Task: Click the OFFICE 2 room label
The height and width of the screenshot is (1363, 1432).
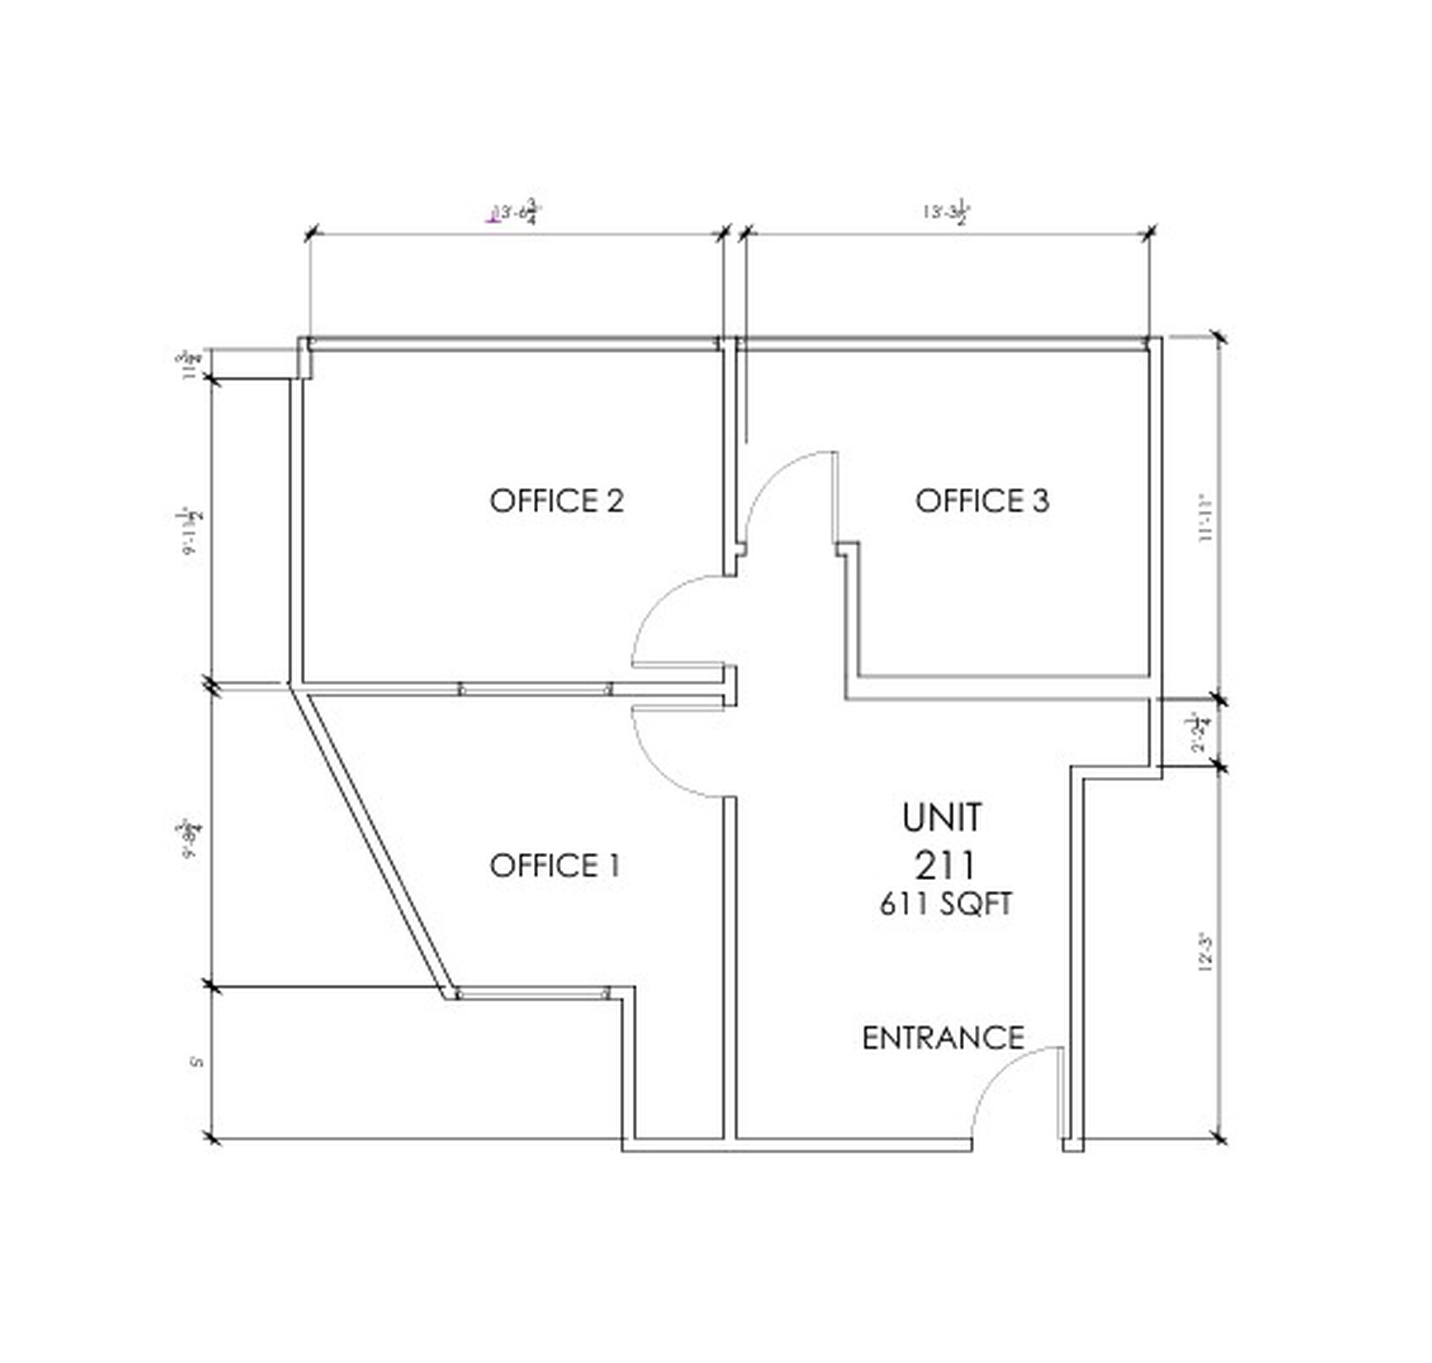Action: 556,501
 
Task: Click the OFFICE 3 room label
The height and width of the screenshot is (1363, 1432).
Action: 982,501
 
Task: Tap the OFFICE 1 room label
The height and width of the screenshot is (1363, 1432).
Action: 555,866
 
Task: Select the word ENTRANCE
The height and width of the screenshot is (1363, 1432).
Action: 943,1038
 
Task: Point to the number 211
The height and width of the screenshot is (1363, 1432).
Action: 945,866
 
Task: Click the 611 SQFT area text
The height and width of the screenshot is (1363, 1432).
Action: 945,904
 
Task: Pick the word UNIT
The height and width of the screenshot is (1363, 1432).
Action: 942,817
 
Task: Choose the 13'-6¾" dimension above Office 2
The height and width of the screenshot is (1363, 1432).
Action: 517,213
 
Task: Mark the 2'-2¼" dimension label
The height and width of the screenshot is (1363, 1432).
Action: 1201,733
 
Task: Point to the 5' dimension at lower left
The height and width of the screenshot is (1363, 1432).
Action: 197,1061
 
